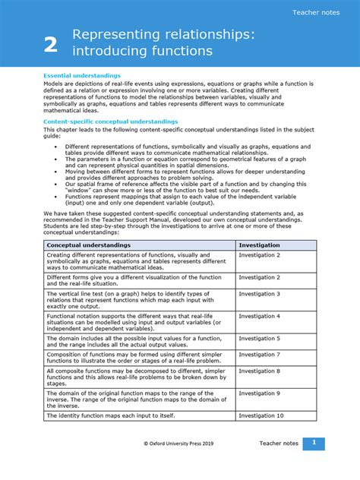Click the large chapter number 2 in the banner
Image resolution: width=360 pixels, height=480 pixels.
(51, 46)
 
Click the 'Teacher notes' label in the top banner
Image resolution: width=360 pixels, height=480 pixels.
(315, 12)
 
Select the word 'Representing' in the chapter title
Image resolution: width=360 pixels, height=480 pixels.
(115, 35)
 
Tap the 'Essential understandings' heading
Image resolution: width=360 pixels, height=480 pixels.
(82, 76)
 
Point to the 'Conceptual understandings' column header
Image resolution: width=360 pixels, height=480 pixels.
(89, 245)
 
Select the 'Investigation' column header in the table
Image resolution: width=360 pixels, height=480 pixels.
(259, 245)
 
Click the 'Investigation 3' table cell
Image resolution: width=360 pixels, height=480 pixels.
(259, 293)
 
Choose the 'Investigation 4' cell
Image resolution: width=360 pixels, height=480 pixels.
(259, 315)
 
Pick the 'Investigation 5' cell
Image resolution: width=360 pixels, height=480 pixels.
(259, 338)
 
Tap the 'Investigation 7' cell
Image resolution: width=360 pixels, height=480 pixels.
(259, 355)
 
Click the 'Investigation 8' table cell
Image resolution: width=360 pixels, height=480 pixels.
(259, 371)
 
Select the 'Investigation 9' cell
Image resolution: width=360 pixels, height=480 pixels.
(259, 393)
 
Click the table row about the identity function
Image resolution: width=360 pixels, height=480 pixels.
(106, 415)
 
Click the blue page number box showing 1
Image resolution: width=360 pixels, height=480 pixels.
(314, 444)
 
